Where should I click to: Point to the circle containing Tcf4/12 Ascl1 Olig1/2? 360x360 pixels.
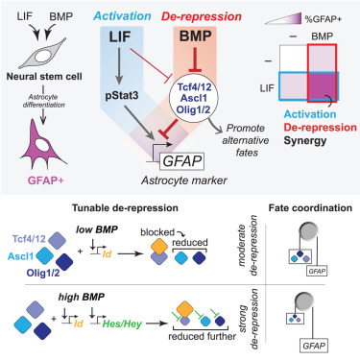tap(204, 98)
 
